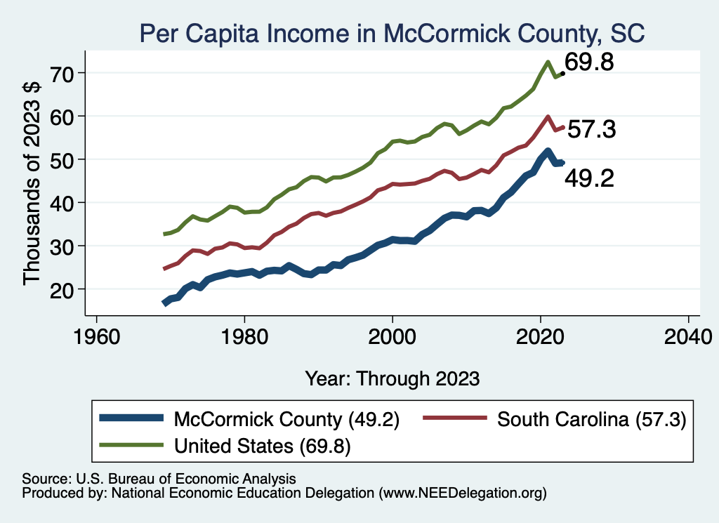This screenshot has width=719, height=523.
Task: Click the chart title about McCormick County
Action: click(x=392, y=32)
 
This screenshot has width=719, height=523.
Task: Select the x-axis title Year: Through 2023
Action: click(x=392, y=378)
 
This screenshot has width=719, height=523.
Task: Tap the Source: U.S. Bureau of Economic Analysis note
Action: click(x=159, y=479)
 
